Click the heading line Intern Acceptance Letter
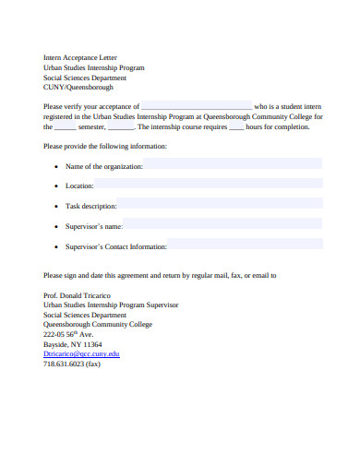[x=82, y=57]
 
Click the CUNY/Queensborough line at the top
[x=78, y=88]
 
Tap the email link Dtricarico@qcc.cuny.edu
[x=82, y=353]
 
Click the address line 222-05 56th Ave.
[x=69, y=334]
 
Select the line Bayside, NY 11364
[x=73, y=344]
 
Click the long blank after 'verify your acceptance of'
[x=197, y=107]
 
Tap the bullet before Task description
[x=57, y=207]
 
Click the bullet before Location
[x=57, y=186]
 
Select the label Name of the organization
[x=104, y=166]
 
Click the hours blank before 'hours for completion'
[x=236, y=127]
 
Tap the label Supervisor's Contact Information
[x=116, y=247]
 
